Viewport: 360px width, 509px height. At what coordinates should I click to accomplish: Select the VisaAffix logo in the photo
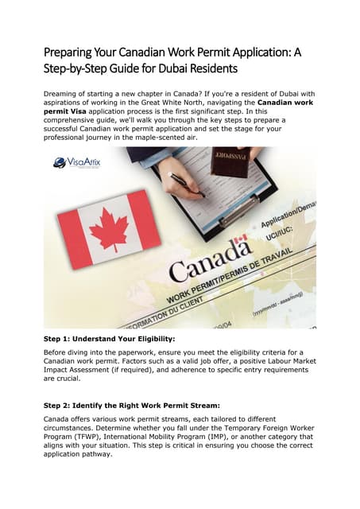click(76, 162)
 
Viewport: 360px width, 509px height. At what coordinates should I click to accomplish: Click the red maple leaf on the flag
click(109, 228)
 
